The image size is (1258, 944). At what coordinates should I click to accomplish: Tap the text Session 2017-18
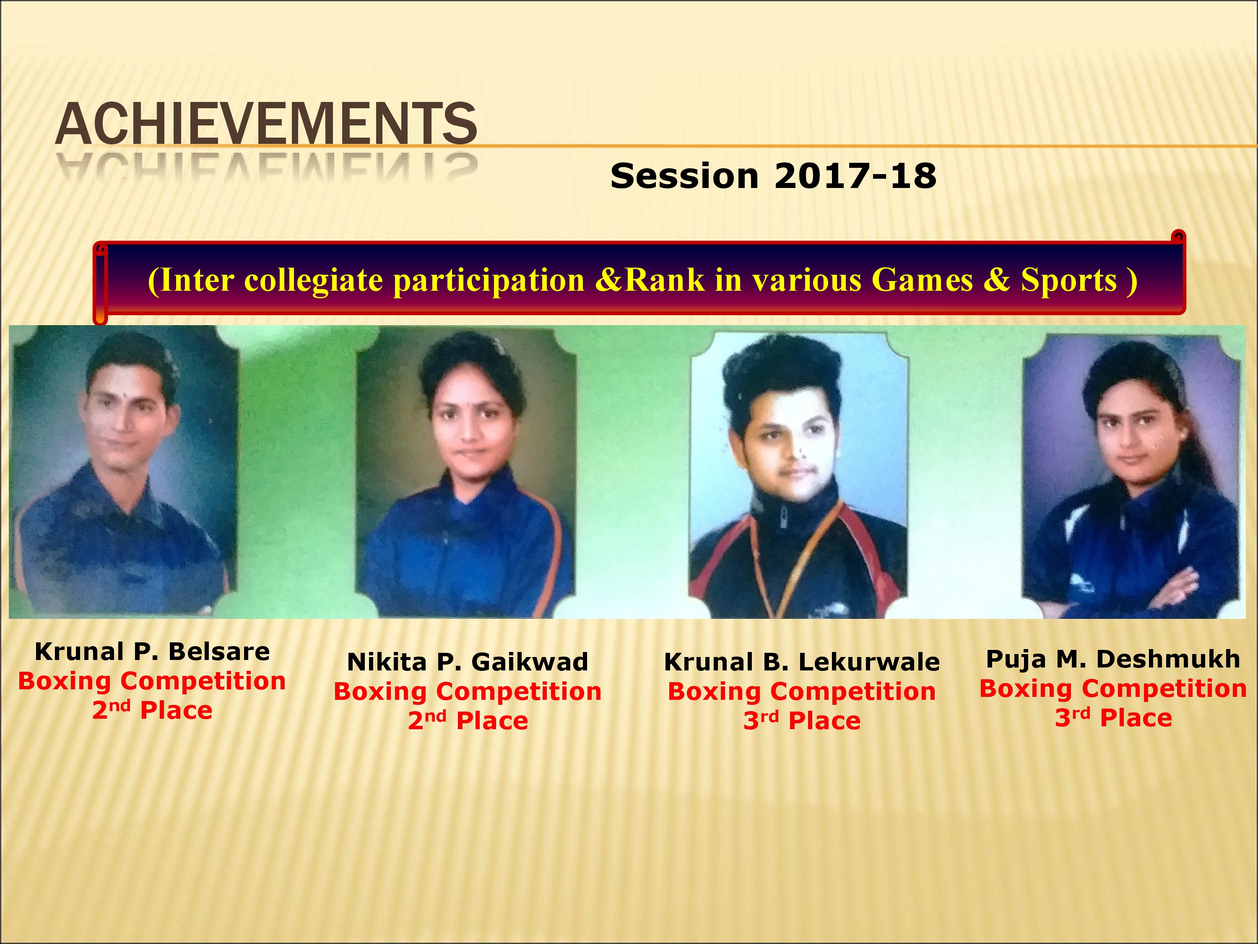773,176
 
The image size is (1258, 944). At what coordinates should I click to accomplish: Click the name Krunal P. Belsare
152,652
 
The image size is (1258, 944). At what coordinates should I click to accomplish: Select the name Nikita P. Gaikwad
468,662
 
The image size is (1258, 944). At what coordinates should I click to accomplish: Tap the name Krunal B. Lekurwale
802,662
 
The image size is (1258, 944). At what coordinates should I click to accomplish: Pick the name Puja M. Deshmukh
1113,659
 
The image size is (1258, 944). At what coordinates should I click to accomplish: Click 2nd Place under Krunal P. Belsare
152,710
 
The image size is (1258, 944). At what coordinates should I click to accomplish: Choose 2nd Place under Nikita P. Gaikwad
468,720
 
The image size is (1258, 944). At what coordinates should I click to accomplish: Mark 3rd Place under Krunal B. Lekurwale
802,720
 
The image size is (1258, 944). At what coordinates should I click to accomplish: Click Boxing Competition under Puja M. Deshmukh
1113,689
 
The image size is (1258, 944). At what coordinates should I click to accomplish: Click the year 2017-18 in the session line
855,176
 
